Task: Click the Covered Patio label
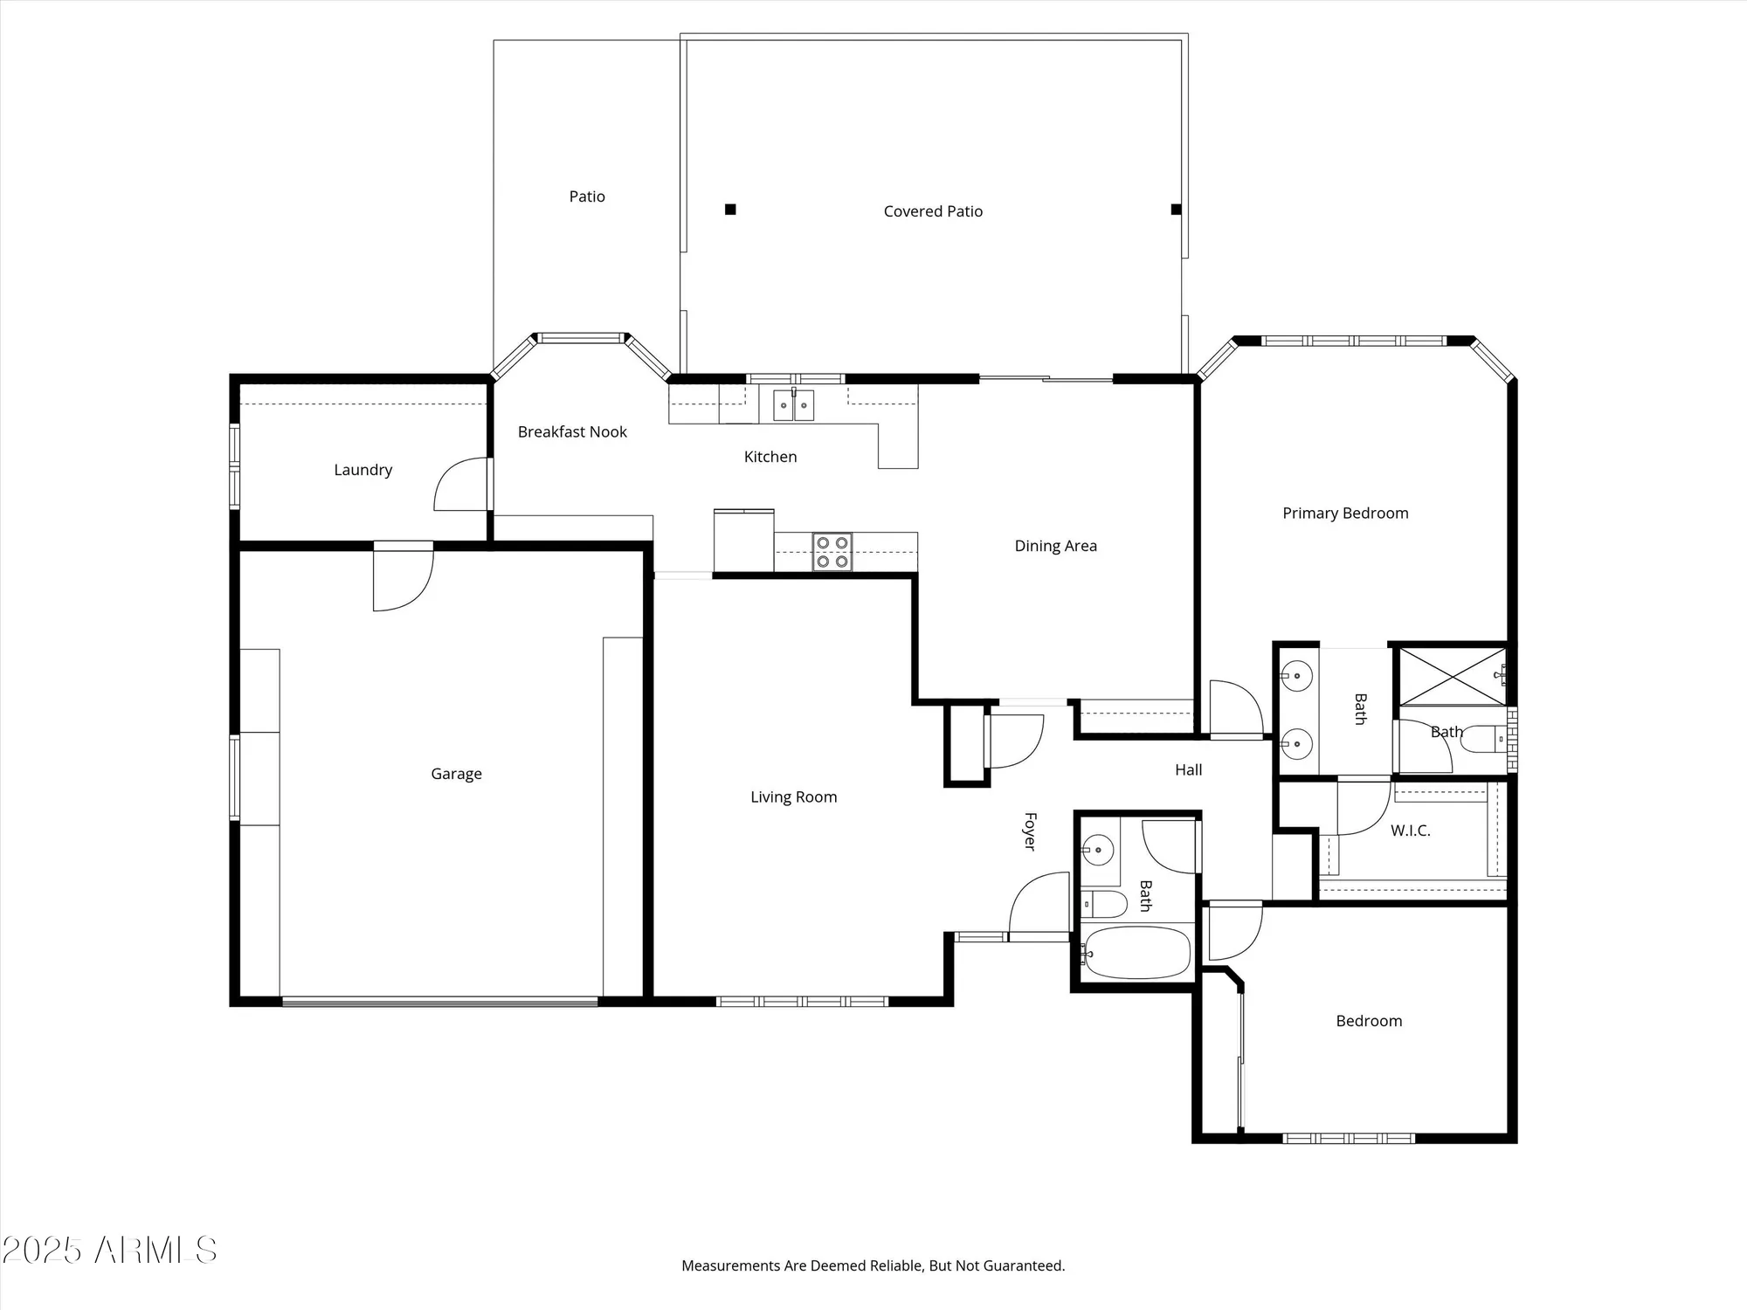[933, 211]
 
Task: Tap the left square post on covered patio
[730, 209]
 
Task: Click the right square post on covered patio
[1176, 209]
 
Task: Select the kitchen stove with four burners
[832, 552]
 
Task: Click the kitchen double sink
[793, 405]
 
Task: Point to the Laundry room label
[363, 470]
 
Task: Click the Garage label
[456, 774]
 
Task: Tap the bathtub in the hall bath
[1136, 953]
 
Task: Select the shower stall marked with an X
[1452, 676]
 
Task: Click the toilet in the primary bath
[1481, 740]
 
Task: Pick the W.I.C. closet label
[1410, 831]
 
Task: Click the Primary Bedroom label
[1344, 514]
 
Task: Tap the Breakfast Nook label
[572, 432]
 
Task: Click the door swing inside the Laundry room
[461, 485]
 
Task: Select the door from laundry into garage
[402, 576]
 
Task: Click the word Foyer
[1030, 831]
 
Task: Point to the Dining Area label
[1055, 546]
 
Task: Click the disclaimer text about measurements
[873, 1265]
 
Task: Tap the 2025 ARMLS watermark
[109, 1251]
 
